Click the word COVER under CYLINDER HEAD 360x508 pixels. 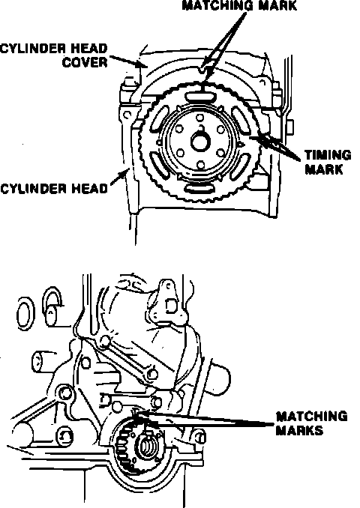tap(85, 62)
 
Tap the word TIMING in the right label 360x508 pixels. tap(328, 155)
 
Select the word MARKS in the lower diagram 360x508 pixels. tap(300, 431)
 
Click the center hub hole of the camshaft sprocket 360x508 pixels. tap(200, 142)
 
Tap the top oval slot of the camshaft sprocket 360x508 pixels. tap(199, 97)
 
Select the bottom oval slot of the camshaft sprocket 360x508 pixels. tap(199, 189)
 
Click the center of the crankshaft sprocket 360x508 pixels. tap(148, 446)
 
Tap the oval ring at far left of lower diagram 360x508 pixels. tap(24, 313)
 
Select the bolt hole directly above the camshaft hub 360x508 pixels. tap(200, 118)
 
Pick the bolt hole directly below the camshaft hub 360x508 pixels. tap(201, 166)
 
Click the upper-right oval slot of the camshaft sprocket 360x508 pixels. tap(241, 121)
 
